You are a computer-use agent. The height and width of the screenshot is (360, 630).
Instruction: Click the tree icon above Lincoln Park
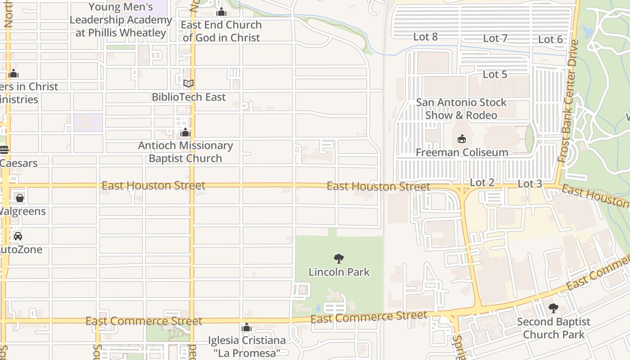pos(339,259)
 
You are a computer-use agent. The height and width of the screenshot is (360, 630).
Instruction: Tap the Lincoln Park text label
pos(339,272)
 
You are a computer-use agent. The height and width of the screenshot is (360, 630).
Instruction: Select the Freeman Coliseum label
pos(462,153)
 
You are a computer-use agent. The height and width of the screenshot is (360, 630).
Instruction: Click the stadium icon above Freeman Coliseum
pos(462,139)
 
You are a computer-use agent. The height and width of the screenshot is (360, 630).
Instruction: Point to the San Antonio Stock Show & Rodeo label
pos(461,109)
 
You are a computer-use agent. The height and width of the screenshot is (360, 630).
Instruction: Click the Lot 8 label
pos(425,37)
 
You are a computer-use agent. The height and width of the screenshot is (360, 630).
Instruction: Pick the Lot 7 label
pos(495,38)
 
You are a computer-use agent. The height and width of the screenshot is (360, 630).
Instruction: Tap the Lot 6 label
pos(550,40)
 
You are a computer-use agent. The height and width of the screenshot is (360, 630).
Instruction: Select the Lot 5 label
pos(495,74)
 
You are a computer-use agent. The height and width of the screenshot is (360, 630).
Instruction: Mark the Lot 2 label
pos(482,182)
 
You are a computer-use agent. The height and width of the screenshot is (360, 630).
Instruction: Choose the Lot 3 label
pos(530,184)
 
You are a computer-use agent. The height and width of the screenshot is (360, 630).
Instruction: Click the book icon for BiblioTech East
pos(189,84)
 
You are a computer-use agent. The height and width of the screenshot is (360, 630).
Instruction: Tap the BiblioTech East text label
pos(189,97)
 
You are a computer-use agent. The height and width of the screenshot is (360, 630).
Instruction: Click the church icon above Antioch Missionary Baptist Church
pos(185,133)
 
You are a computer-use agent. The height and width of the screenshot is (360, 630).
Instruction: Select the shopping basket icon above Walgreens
pos(19,198)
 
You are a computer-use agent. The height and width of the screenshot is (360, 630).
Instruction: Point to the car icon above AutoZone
pos(18,236)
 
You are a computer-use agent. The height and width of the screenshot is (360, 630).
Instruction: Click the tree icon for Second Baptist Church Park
pos(553,308)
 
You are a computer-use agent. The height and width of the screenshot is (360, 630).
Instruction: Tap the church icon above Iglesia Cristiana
pos(246,327)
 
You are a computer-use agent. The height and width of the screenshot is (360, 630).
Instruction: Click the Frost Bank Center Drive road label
pos(567,101)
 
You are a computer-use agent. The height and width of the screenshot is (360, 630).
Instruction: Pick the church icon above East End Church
pos(221,12)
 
